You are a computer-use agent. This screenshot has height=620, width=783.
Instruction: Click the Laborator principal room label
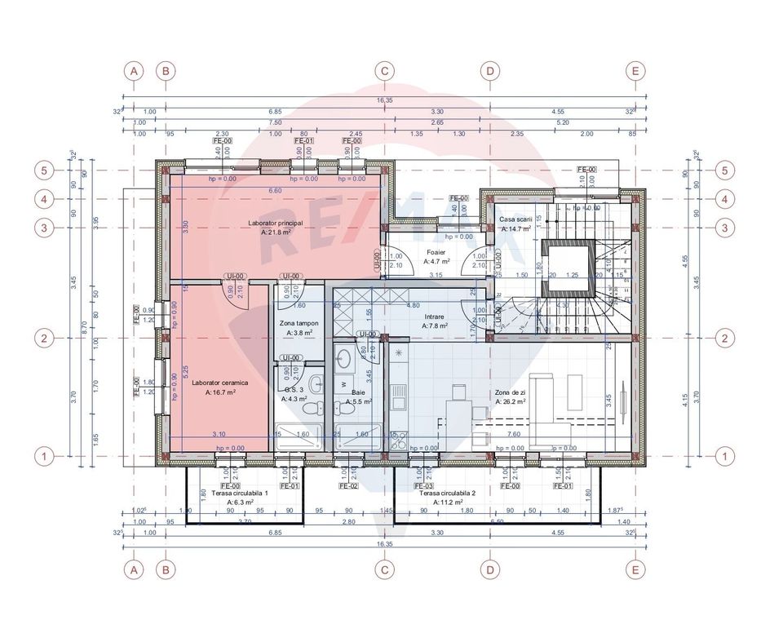pyautogui.click(x=276, y=223)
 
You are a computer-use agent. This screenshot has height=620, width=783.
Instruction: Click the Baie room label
pyautogui.click(x=358, y=392)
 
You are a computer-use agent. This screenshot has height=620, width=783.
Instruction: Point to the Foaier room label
pyautogui.click(x=436, y=252)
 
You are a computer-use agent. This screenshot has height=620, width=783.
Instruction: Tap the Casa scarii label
pyautogui.click(x=515, y=220)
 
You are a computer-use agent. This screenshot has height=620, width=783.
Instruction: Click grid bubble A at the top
pyautogui.click(x=135, y=71)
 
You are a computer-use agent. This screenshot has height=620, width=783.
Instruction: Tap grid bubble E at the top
pyautogui.click(x=635, y=71)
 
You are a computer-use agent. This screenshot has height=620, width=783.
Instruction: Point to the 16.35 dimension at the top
pyautogui.click(x=385, y=101)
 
